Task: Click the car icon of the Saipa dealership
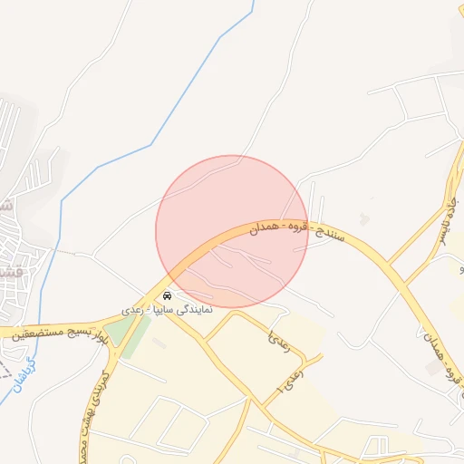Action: pyautogui.click(x=167, y=296)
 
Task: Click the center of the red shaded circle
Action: pyautogui.click(x=232, y=232)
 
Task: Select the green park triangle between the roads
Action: pyautogui.click(x=121, y=336)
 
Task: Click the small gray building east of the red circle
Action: pyautogui.click(x=364, y=219)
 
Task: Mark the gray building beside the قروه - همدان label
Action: pyautogui.click(x=433, y=367)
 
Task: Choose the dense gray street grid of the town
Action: pyautogui.click(x=20, y=263)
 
